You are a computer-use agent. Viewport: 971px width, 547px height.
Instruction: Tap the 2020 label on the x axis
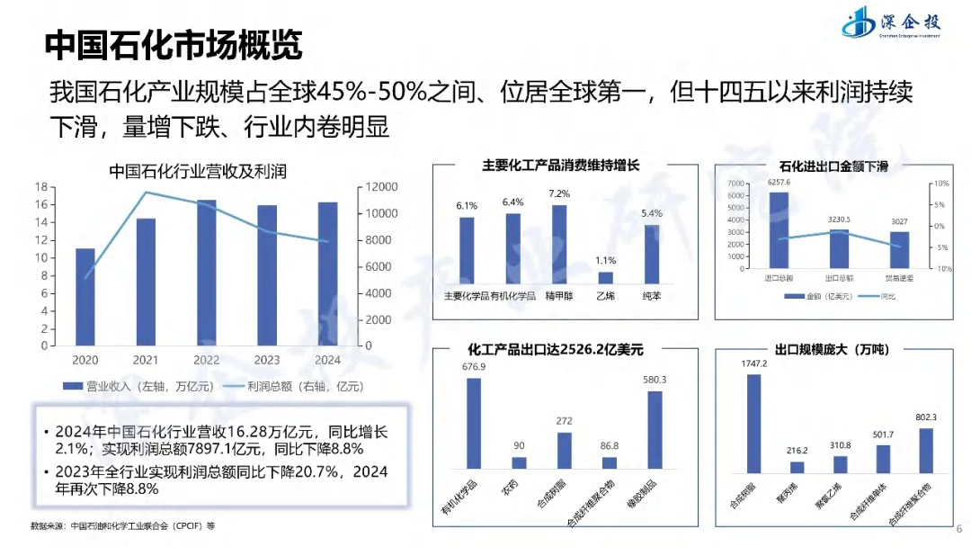tap(85, 360)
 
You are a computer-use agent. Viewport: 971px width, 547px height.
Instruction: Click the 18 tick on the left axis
tap(41, 187)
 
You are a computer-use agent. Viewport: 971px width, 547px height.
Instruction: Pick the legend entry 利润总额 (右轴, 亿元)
tap(293, 387)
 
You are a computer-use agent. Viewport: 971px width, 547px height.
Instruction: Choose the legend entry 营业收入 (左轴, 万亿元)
tap(136, 387)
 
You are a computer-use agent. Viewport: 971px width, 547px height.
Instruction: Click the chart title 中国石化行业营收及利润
tap(198, 171)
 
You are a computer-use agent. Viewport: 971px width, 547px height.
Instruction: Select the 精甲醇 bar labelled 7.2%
tap(559, 244)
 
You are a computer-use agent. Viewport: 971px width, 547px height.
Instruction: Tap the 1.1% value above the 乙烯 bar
tap(606, 261)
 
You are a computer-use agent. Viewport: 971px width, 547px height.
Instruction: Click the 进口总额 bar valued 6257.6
tap(779, 230)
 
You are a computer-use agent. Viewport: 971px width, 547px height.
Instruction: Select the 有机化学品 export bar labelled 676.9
tap(474, 423)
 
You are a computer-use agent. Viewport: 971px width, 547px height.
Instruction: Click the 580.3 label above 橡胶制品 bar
tap(655, 380)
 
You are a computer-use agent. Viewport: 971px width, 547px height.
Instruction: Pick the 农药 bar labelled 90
tap(519, 462)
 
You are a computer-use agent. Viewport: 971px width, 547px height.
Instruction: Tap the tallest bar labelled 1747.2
tap(754, 423)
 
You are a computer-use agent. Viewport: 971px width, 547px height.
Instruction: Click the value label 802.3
tap(926, 417)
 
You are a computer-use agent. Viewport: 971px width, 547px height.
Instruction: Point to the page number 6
tap(958, 529)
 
